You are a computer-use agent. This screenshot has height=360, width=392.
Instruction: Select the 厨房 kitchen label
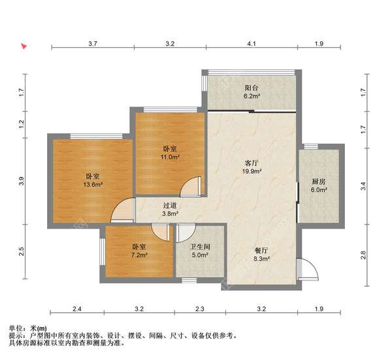coord(318,181)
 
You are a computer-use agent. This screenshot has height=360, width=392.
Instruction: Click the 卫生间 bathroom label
coord(199,246)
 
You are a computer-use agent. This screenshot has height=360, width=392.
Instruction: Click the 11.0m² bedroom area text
coord(171,157)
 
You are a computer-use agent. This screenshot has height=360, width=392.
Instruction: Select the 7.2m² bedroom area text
coord(139,255)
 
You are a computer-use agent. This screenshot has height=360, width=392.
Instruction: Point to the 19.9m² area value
coord(253,172)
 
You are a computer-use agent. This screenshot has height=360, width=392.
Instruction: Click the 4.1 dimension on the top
coord(252,44)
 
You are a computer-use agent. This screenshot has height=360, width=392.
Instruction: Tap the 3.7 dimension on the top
coord(93,44)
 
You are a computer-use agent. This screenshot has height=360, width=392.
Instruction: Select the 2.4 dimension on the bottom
coord(76,308)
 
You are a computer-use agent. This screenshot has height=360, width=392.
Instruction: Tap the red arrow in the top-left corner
coord(24,46)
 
